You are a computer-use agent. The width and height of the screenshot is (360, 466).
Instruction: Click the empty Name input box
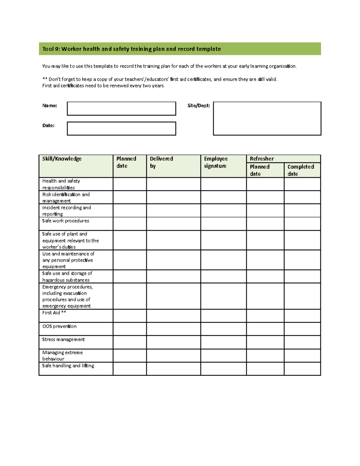121,109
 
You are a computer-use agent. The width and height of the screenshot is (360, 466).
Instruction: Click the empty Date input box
121,128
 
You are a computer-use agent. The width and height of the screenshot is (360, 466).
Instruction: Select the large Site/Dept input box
267,119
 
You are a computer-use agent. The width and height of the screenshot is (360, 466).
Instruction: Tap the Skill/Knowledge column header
62,159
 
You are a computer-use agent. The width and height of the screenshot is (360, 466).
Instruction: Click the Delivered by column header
161,162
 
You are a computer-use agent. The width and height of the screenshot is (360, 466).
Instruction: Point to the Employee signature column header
216,162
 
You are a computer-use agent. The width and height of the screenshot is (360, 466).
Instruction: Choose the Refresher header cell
262,159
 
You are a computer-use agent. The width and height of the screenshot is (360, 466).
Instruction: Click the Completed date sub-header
301,170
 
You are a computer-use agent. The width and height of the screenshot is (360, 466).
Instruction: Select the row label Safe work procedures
65,221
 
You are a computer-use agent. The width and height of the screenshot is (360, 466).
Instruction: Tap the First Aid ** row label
54,313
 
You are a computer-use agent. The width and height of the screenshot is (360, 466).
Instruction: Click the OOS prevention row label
59,326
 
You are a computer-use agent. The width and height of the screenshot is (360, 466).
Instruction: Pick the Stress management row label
63,339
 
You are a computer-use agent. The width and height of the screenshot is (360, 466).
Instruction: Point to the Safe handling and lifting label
68,366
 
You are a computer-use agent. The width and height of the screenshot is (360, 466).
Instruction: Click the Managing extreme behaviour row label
62,356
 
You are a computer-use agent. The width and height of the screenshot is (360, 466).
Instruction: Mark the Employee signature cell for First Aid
223,316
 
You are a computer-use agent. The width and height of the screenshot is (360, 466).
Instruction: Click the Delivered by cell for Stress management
173,342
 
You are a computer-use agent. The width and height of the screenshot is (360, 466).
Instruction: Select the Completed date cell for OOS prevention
302,329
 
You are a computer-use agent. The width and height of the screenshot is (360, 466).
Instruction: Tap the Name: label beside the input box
49,106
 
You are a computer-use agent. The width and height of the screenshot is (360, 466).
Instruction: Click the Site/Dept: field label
199,106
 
